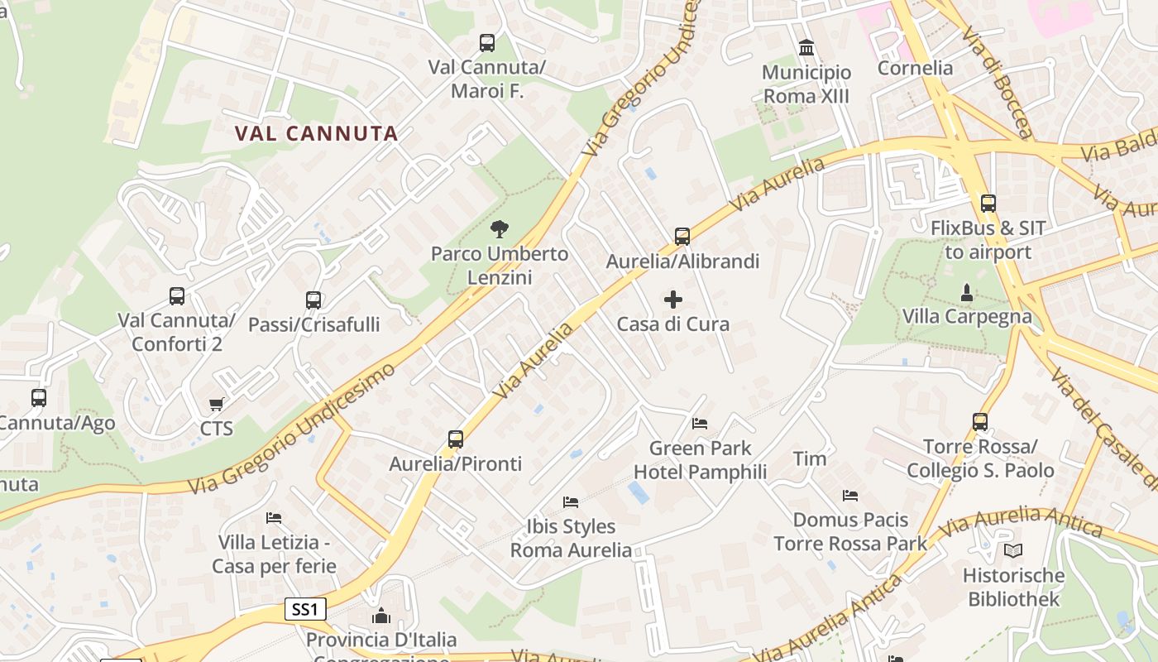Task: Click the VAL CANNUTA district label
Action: [316, 133]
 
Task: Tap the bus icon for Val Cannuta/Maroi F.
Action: [487, 42]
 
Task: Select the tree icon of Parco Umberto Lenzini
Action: [500, 229]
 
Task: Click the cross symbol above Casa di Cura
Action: [673, 300]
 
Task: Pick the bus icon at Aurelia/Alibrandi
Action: [682, 237]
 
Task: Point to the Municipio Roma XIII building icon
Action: [806, 47]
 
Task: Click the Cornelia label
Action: [915, 68]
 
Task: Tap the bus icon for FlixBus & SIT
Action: [988, 203]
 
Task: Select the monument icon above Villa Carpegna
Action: [966, 292]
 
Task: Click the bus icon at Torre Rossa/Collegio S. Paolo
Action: [980, 422]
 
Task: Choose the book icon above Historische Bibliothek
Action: [1012, 550]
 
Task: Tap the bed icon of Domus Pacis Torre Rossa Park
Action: [850, 496]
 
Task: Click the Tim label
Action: [809, 458]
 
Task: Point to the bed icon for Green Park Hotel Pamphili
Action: [700, 424]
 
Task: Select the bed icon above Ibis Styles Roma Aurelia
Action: [571, 501]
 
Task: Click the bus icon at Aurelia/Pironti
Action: [456, 439]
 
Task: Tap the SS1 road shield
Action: [305, 610]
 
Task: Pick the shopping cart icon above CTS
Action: [216, 404]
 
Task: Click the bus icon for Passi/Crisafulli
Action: [313, 300]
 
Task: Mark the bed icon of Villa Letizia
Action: [274, 518]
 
